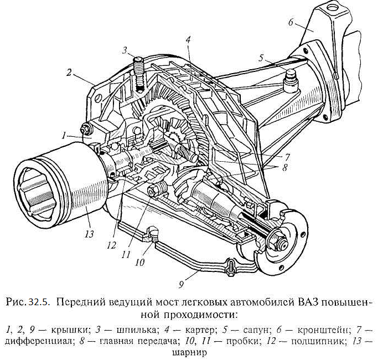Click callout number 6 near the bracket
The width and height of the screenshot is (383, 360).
[291, 23]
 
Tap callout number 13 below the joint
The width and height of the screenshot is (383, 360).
[90, 234]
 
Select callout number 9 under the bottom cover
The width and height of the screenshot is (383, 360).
[181, 285]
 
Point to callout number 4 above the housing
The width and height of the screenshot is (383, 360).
[188, 40]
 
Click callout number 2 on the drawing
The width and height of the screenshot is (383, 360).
[69, 73]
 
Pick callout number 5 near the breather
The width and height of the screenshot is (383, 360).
[261, 58]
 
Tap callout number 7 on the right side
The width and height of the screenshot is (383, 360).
[287, 157]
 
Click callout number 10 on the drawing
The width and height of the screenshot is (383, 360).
[139, 263]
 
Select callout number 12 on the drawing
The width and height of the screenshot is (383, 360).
[111, 245]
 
